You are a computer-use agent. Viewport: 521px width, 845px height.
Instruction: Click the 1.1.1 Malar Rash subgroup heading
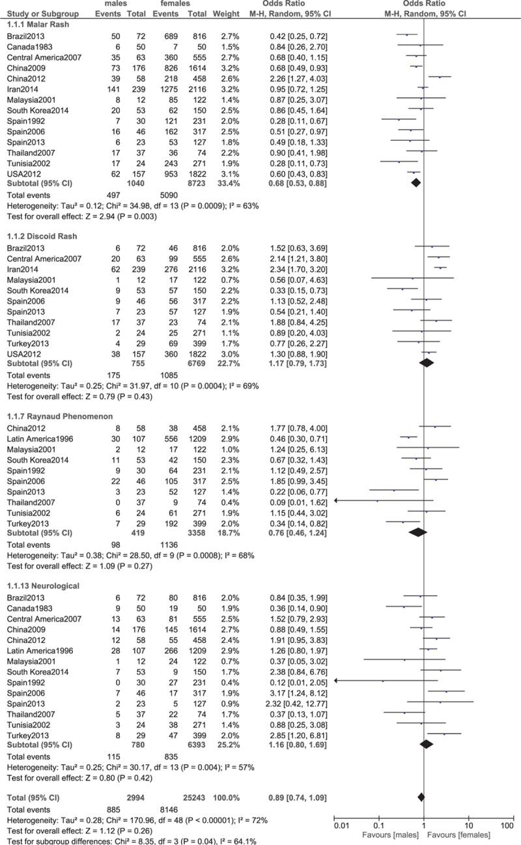coord(33,24)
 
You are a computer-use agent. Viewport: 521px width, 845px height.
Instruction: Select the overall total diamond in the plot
coord(421,796)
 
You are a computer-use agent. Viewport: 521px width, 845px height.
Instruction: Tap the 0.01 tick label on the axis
coord(340,825)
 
